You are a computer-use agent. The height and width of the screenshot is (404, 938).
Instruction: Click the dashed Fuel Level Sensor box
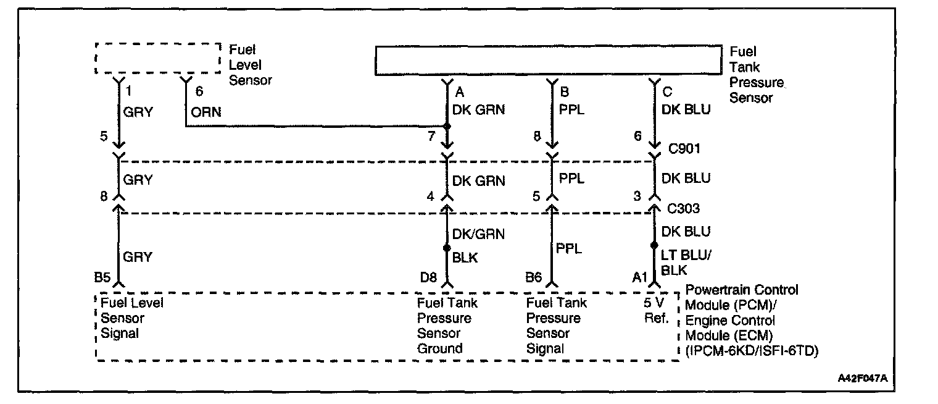tap(158, 58)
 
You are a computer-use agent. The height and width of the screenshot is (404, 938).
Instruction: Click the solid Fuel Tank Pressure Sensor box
tap(548, 60)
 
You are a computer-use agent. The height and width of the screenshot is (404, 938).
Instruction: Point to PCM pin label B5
tap(102, 279)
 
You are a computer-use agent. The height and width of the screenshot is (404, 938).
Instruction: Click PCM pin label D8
tap(429, 279)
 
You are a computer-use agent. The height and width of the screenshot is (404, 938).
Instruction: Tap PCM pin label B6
tap(534, 279)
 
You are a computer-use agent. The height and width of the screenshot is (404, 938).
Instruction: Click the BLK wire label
tap(465, 258)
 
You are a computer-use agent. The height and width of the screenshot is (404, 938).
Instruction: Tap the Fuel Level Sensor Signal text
tap(130, 318)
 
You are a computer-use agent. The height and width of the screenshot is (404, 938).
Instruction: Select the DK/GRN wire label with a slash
tap(478, 234)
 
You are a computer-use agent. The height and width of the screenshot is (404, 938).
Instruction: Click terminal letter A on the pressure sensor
tap(459, 93)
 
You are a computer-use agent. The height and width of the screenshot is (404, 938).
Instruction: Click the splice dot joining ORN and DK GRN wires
tap(447, 127)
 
